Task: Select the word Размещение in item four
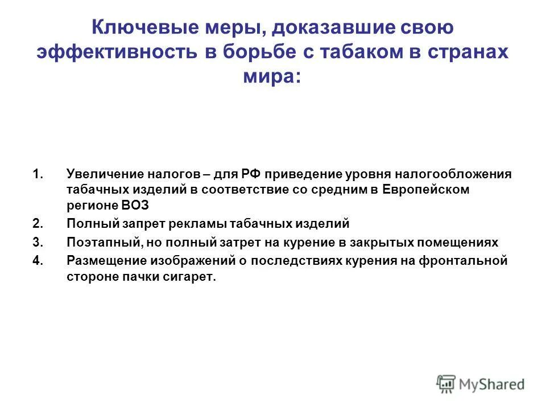coord(105,261)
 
